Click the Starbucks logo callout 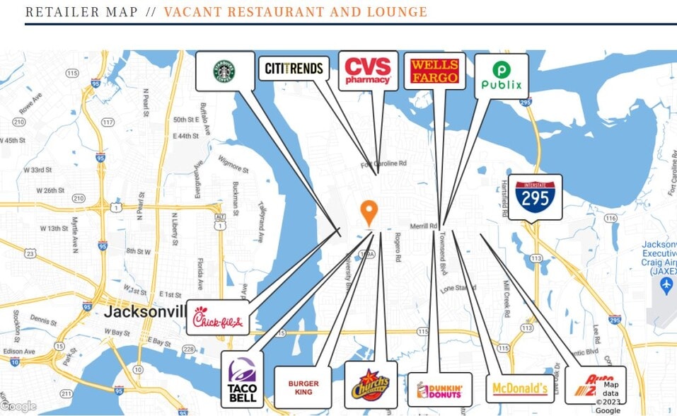coord(225,71)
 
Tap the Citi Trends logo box coord(294,69)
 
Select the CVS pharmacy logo coord(367,71)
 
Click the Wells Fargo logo coord(434,71)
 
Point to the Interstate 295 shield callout coord(535,196)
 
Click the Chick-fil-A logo coord(218,321)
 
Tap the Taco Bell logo coord(242,380)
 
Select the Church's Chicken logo coord(371,386)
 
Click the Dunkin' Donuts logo coord(439,390)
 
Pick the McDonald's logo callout coord(519,388)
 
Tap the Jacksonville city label coord(146,311)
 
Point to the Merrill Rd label coord(424,226)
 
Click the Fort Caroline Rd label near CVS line coord(384,164)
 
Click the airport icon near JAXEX coord(666,284)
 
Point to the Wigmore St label coord(233,164)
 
